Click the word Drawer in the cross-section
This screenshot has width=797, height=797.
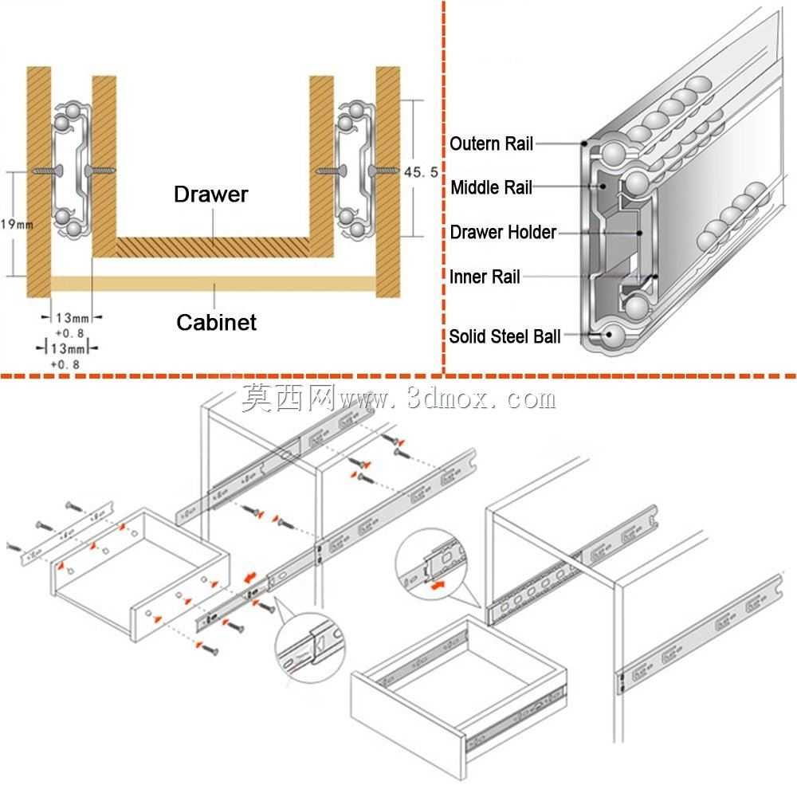coord(210,194)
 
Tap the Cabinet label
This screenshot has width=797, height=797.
coord(216,322)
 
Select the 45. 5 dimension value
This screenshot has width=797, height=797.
coord(421,172)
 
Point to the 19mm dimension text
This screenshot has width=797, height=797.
coord(17,224)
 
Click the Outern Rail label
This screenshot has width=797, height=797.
coord(491,143)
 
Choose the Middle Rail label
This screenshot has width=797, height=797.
coord(491,187)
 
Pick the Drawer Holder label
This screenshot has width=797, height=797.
coord(503,232)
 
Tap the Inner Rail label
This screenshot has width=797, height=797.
coord(485,277)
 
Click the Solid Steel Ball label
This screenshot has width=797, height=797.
coord(505,336)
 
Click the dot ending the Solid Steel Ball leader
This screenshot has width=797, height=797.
coord(608,335)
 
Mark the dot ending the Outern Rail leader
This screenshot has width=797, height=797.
coord(585,143)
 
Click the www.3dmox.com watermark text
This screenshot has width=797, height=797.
coord(447,398)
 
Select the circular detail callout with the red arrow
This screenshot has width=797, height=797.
coord(431,564)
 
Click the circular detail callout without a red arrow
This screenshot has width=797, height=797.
coord(309,648)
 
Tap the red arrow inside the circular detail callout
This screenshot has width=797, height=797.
coord(437,586)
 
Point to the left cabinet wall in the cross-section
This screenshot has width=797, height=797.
coord(38,182)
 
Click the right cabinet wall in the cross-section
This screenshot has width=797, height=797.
coord(388,182)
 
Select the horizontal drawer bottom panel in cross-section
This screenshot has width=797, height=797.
coord(213,247)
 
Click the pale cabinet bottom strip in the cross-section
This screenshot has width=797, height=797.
coord(214,284)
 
